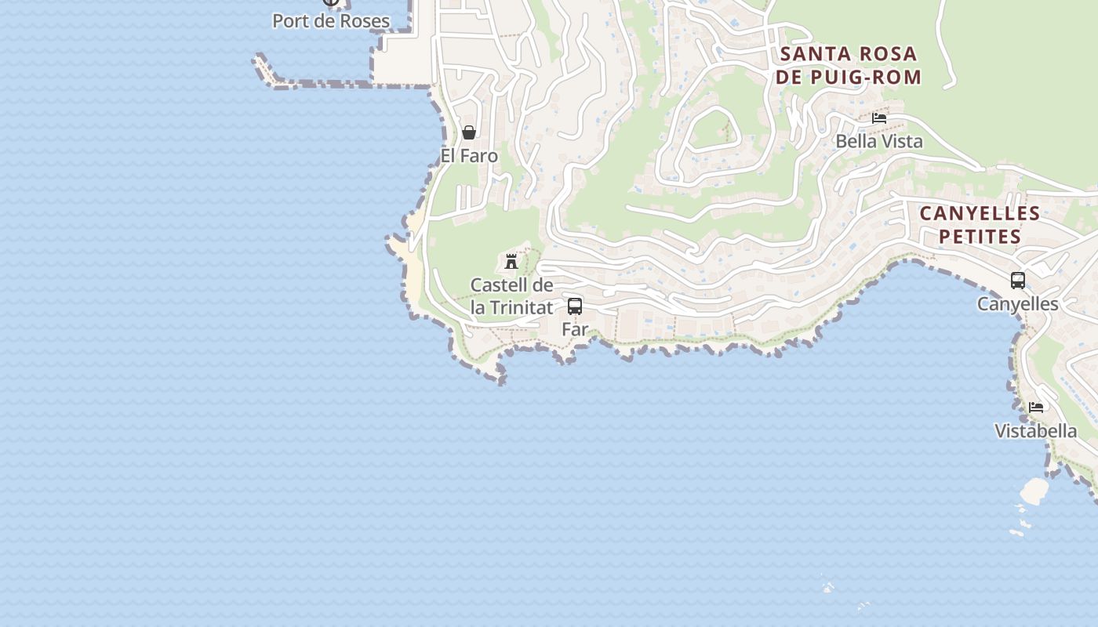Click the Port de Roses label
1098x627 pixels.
pos(331,21)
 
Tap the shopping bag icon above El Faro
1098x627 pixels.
pos(469,132)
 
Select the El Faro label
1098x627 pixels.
pos(469,156)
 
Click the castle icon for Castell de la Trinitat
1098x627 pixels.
pos(511,261)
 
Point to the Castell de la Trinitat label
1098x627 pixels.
pos(511,296)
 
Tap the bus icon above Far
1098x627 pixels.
pos(575,306)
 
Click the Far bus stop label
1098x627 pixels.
pos(575,330)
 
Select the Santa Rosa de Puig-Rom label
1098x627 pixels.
pos(848,65)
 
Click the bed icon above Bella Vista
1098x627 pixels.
pos(879,118)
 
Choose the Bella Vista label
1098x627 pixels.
pos(879,142)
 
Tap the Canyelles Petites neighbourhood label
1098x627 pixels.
pos(980,224)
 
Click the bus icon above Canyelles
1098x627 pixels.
pos(1018,281)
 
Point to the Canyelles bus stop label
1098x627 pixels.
pos(1018,304)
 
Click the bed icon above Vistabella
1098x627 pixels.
pos(1036,408)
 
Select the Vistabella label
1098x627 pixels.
pos(1036,431)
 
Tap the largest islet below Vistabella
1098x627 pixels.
pos(1034,491)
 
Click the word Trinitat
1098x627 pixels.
pos(522,307)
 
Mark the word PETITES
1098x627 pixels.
pos(980,236)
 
